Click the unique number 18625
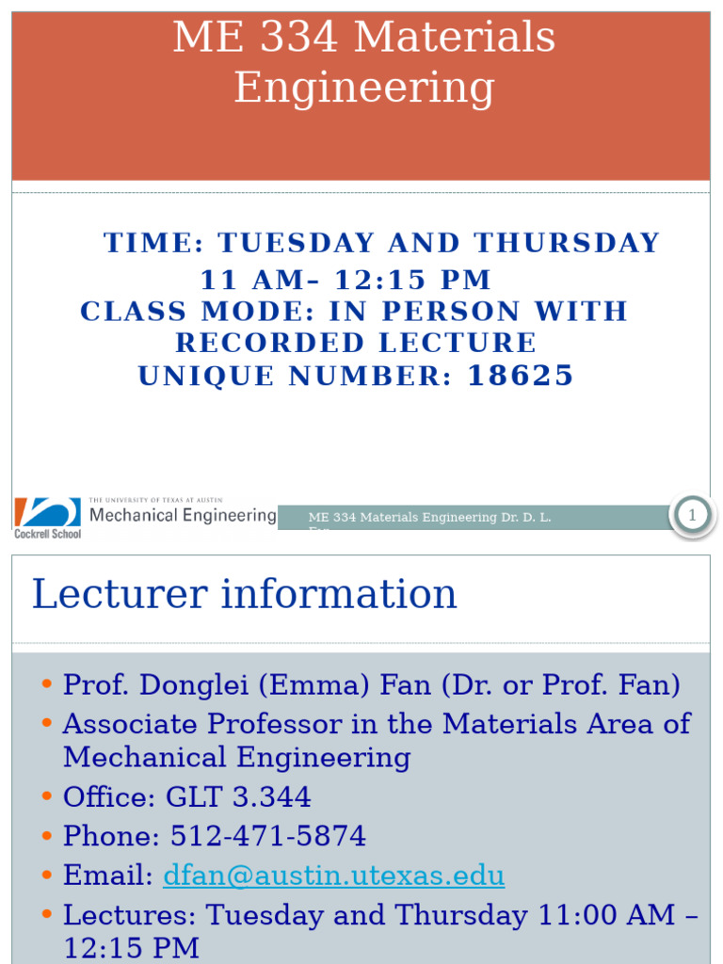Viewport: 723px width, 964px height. point(521,376)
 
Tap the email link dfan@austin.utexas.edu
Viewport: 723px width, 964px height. point(333,876)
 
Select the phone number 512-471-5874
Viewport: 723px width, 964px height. point(268,836)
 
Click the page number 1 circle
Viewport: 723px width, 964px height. point(693,515)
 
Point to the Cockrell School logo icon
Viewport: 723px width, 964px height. point(47,513)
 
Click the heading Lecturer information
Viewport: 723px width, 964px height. point(244,594)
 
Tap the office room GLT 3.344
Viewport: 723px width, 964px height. point(238,797)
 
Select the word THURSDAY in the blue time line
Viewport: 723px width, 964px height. point(567,243)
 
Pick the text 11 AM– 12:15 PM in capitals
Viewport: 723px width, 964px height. point(345,280)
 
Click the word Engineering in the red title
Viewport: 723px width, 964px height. point(363,88)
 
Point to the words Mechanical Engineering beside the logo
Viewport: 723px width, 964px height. point(183,515)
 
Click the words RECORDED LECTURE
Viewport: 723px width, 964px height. point(356,343)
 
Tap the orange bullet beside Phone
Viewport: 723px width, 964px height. point(47,836)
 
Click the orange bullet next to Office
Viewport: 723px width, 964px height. point(47,797)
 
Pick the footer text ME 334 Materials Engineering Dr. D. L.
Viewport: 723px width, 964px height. point(429,517)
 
